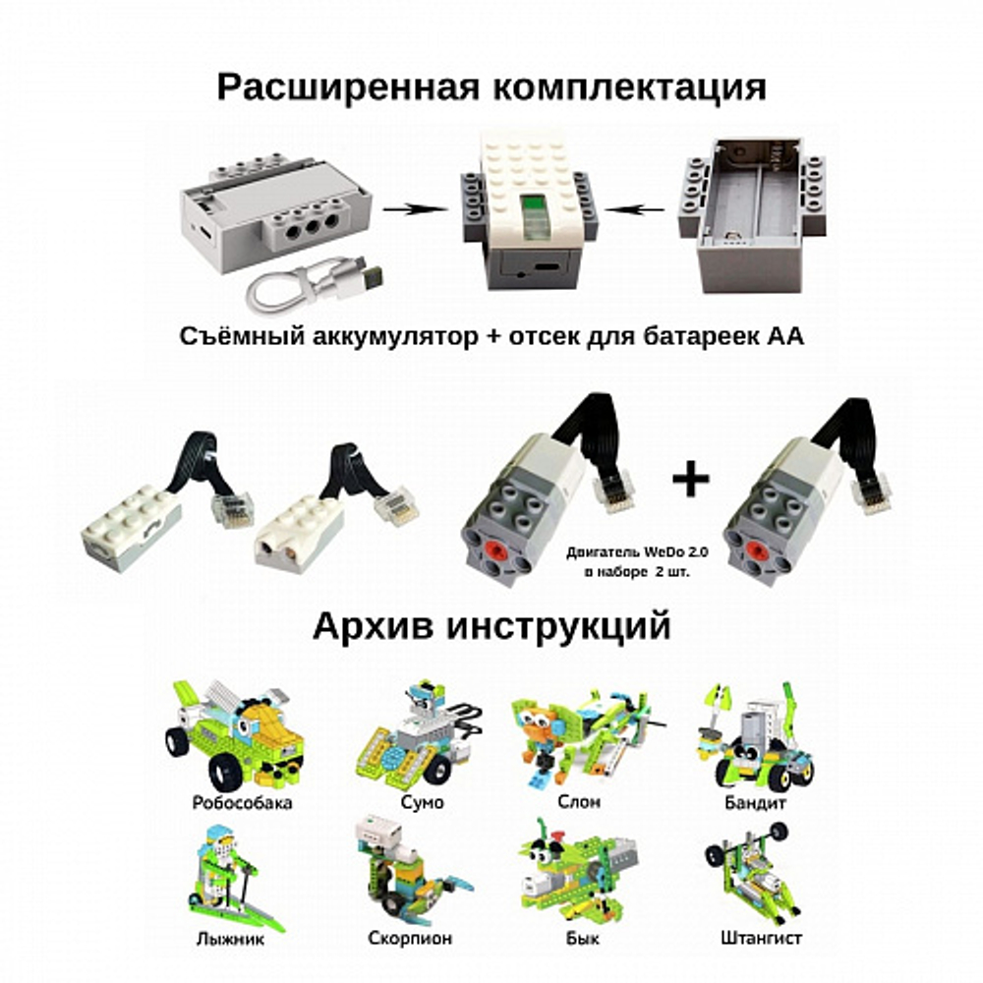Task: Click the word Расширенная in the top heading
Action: [x=348, y=87]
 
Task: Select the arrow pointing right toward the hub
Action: [x=416, y=208]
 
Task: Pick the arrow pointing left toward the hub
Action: [x=634, y=208]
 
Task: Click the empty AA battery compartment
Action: [x=751, y=213]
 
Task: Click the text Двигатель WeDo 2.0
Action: [x=638, y=552]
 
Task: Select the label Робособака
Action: [x=242, y=802]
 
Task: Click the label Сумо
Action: [x=422, y=802]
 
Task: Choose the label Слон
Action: [x=579, y=802]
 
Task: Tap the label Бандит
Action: [x=755, y=802]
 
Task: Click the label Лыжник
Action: [x=229, y=939]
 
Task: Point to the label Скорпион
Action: [x=409, y=939]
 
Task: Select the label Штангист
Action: [x=761, y=939]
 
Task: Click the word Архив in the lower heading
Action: [x=373, y=626]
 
